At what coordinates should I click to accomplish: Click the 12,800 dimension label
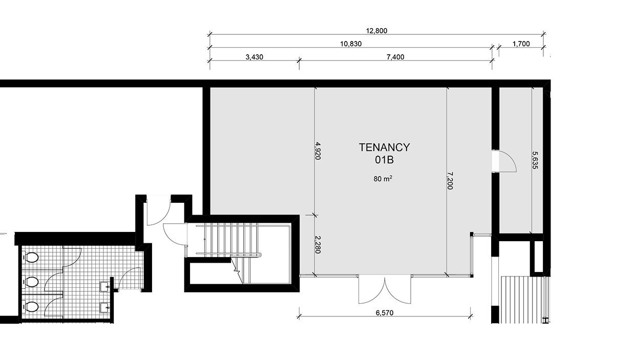pos(376,31)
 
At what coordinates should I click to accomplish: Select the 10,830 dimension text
pos(351,44)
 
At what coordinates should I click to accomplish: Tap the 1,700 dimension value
pos(521,44)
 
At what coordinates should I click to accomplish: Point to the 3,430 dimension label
pos(255,57)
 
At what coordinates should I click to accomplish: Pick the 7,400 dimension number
pos(395,57)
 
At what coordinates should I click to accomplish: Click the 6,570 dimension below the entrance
pos(385,313)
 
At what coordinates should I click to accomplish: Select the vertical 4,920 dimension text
pos(318,151)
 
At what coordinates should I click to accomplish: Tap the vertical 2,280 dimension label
pos(318,245)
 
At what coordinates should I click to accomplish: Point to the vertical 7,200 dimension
pos(450,181)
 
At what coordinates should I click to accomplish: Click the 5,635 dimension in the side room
pos(535,160)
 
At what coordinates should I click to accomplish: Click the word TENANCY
pos(385,147)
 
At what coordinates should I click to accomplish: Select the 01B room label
pos(385,160)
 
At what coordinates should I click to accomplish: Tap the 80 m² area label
pos(383,179)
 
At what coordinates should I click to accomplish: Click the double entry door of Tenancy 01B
pos(385,290)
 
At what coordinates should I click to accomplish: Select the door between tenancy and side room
pos(504,161)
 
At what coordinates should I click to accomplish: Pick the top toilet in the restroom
pos(31,258)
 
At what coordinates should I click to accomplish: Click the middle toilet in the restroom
pos(31,282)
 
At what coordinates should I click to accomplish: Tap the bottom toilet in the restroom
pos(31,307)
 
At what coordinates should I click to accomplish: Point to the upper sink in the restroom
pos(105,287)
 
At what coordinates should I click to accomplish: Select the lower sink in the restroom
pos(105,308)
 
